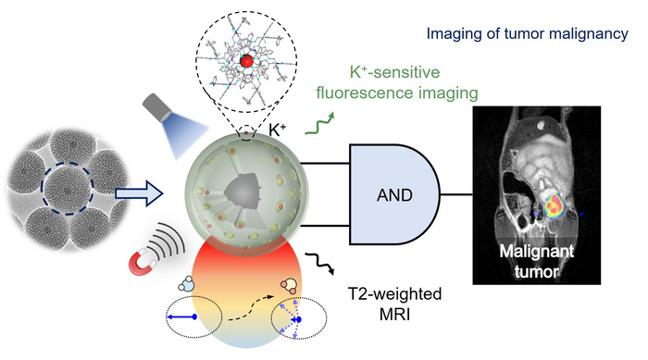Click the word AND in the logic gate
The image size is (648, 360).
coord(394,195)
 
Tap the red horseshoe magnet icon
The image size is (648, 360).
coord(143,263)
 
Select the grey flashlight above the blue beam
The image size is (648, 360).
coord(157,106)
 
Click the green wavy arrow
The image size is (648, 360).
coord(319,124)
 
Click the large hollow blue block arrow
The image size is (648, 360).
coord(139,193)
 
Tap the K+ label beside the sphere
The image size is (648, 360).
coord(278,130)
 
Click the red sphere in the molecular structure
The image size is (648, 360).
coord(246,61)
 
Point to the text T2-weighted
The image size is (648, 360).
coord(394,294)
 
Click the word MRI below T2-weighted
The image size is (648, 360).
coord(394,315)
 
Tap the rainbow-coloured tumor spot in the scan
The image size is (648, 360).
coord(554,205)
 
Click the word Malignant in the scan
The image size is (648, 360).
coord(536,252)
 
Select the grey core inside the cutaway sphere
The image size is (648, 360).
coord(243,191)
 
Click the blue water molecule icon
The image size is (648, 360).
coord(186,284)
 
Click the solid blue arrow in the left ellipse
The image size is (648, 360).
coord(181,317)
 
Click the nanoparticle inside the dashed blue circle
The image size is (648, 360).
coord(68,188)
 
